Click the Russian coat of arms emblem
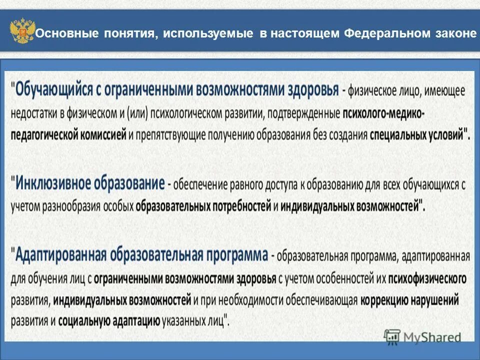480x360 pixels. point(22,32)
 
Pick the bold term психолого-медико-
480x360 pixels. point(383,113)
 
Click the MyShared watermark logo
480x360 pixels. point(423,337)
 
